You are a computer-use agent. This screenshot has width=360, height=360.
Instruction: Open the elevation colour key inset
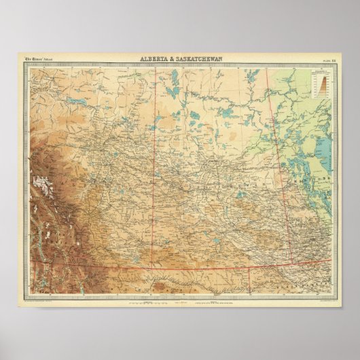coord(319,83)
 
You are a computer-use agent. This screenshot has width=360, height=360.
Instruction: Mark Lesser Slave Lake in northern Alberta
coord(77,104)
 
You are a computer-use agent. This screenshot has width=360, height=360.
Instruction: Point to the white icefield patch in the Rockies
coord(46,183)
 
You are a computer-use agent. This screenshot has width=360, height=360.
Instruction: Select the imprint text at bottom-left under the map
coord(44,300)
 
